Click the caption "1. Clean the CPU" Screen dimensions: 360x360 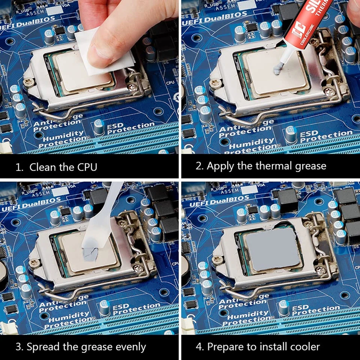[56, 166]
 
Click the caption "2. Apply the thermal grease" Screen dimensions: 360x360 [261, 166]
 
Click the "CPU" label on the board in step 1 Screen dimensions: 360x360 [170, 82]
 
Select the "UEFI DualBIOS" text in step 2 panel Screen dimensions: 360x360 [214, 18]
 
